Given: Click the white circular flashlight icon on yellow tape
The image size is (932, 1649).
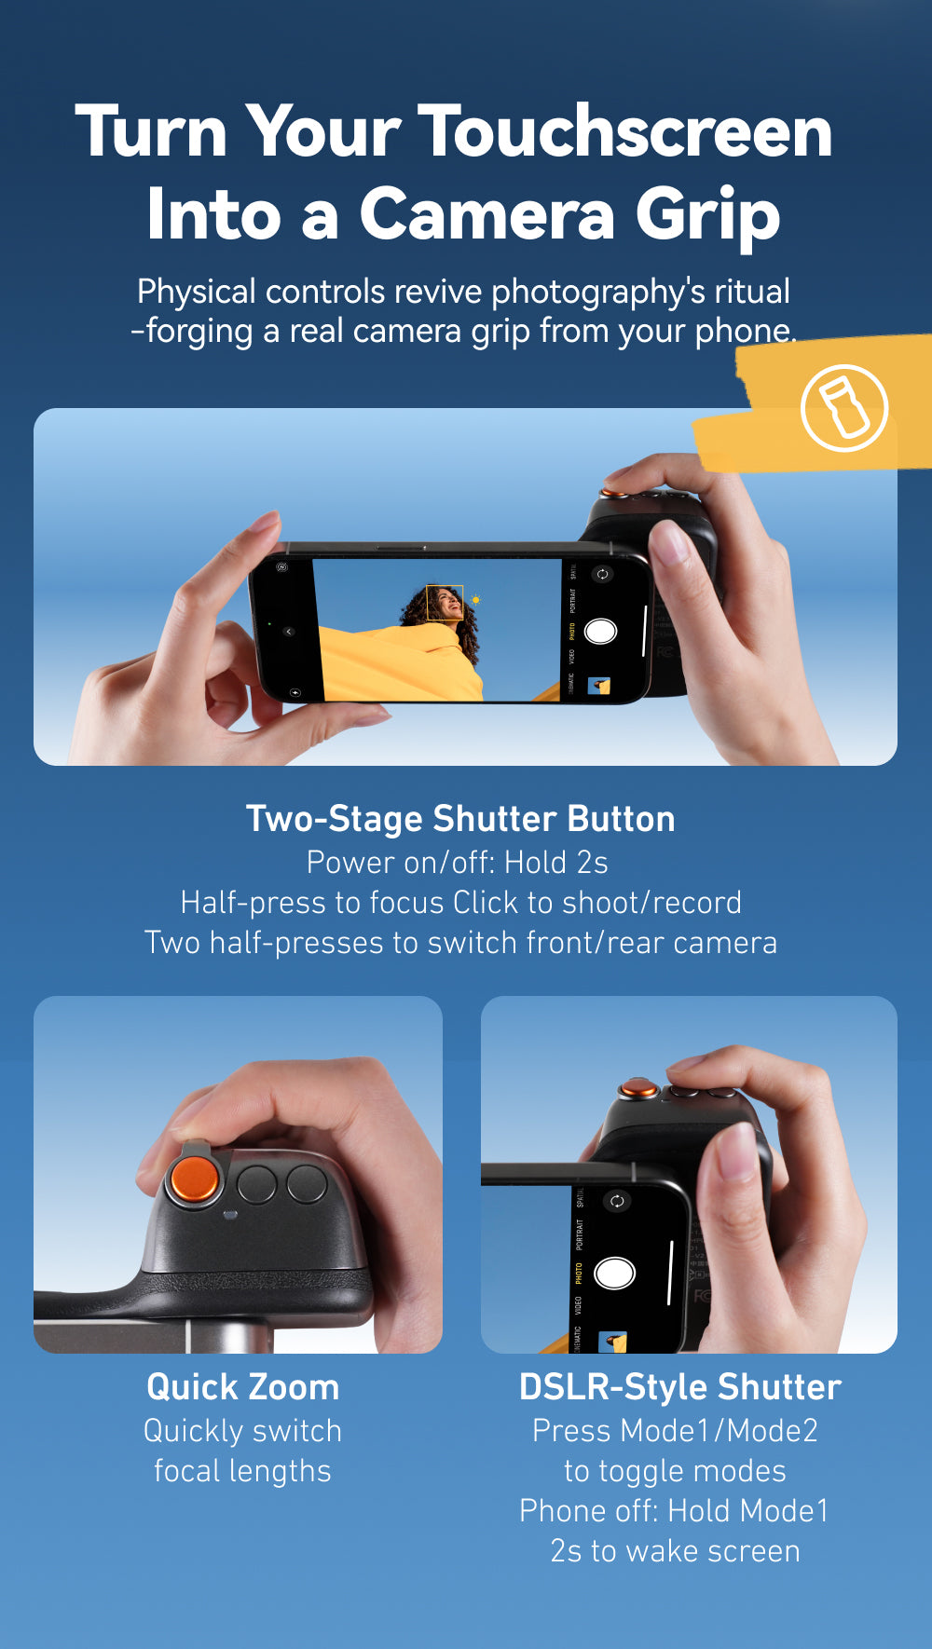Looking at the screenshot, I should (x=844, y=408).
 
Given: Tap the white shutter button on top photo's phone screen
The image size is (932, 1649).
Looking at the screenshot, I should (x=600, y=632).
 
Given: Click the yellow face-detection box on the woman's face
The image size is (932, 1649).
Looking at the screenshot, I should (x=445, y=602).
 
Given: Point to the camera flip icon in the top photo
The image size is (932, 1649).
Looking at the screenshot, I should (x=602, y=574).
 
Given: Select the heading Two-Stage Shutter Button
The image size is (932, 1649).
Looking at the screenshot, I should (x=460, y=819).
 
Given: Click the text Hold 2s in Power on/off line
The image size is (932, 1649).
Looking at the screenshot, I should (x=556, y=863).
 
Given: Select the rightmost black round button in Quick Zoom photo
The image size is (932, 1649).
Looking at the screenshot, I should (x=307, y=1184).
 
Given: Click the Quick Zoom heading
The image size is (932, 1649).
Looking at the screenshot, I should (x=242, y=1387).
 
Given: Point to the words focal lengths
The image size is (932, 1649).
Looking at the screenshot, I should (x=242, y=1471).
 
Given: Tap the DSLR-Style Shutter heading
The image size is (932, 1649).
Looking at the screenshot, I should (x=679, y=1387).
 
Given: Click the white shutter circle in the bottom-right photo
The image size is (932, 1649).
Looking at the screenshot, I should (x=614, y=1273).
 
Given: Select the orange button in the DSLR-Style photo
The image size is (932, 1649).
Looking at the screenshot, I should (x=638, y=1088).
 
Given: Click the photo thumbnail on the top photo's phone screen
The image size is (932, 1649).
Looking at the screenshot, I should (x=598, y=688).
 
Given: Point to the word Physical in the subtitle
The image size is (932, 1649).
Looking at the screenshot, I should (x=196, y=293).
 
